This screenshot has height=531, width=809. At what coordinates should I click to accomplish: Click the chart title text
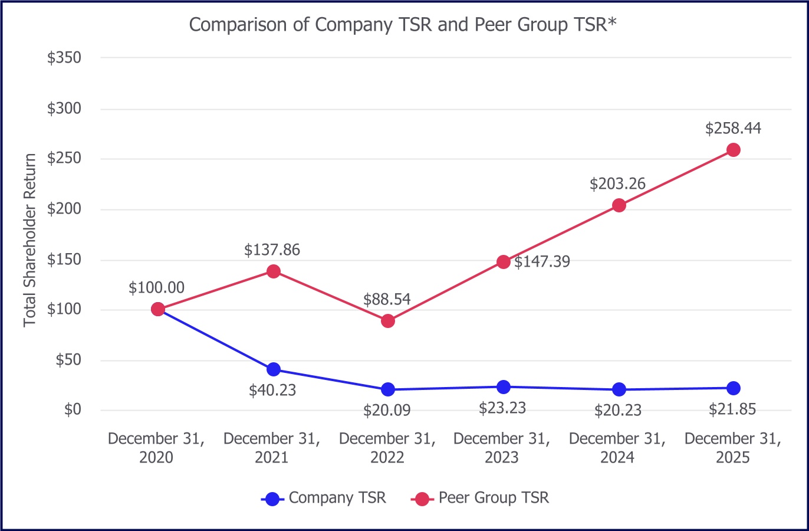point(403,25)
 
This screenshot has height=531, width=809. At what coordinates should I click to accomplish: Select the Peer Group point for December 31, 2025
point(733,150)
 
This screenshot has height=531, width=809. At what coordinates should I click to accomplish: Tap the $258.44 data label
point(733,128)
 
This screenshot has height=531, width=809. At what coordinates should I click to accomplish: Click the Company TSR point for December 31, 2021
point(273,370)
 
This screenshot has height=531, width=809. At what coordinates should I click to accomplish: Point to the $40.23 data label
point(272,390)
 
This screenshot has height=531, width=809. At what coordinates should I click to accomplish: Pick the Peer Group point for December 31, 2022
point(387,321)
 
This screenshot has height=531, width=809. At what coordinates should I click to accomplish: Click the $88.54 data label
point(387,299)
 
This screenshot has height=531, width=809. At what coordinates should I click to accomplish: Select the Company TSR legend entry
point(324,498)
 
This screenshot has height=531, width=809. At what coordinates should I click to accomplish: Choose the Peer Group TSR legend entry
point(480,498)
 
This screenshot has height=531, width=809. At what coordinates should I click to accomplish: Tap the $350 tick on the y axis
point(64,58)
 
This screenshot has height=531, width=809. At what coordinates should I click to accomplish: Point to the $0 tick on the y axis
point(73,409)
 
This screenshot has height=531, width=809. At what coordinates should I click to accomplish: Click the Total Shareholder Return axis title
point(30,240)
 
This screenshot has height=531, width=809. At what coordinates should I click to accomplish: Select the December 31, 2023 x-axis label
point(502,448)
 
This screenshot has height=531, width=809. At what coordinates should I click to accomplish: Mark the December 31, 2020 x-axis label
point(156,448)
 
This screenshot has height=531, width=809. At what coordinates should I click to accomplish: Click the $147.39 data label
point(542,261)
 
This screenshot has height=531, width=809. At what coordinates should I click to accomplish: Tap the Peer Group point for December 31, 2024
point(619,205)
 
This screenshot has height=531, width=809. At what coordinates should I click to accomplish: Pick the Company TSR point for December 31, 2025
point(733,388)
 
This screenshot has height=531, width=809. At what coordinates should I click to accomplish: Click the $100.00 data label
point(156,288)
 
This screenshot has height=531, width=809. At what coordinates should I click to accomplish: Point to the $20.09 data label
point(387,410)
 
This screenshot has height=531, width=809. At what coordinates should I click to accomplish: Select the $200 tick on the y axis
point(64,209)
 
